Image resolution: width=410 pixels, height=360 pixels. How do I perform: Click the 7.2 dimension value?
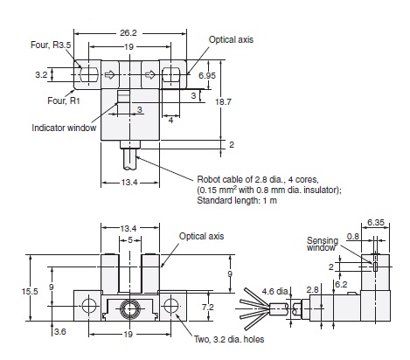pyautogui.click(x=208, y=308)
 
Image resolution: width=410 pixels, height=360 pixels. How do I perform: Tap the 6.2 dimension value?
pyautogui.click(x=341, y=283)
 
